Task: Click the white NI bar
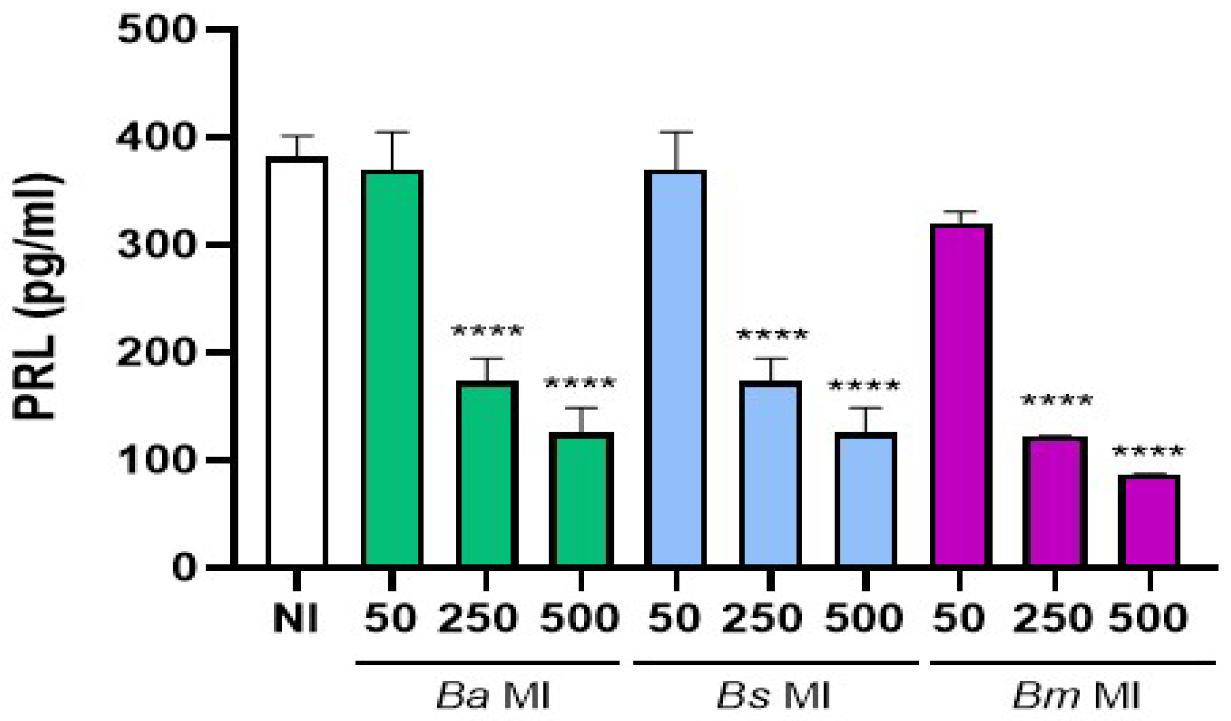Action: [x=297, y=360]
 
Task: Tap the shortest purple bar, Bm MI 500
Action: [x=1149, y=519]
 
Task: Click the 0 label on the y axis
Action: [x=184, y=567]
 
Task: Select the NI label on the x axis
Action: [x=296, y=618]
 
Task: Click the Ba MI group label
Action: [x=493, y=694]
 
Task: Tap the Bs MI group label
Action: [x=774, y=694]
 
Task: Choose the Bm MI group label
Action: [x=1076, y=694]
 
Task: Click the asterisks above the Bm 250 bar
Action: [x=1056, y=401]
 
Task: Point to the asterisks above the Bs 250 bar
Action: [x=771, y=335]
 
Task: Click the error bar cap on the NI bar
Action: [x=297, y=137]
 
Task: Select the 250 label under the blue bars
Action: [x=762, y=618]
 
